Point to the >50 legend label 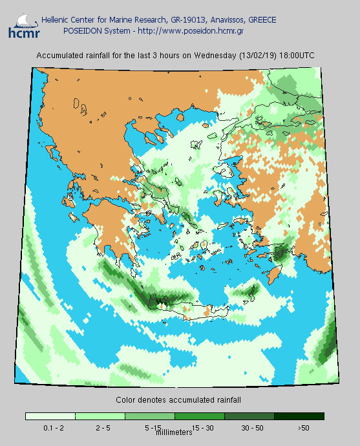(x=303, y=428)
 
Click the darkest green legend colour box (x=299, y=416)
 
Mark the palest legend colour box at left (x=50, y=416)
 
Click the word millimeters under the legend (x=175, y=431)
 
